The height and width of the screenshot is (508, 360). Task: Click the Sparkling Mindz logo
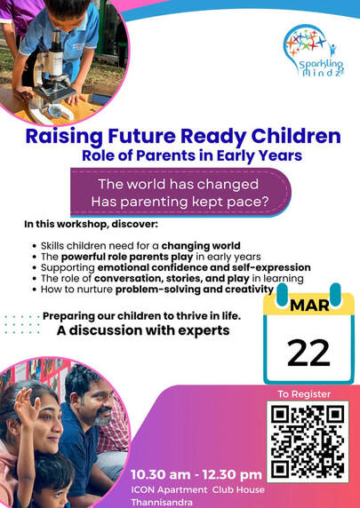pos(314,52)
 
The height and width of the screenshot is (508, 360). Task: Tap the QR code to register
pos(308,442)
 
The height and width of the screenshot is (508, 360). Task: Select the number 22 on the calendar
pos(308,353)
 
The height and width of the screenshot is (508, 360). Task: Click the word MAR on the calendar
pos(309,305)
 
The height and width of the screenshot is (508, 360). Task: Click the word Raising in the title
pos(64,137)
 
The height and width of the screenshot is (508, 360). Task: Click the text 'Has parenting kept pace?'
pos(180,202)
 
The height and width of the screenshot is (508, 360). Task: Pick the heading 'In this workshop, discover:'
pos(92,224)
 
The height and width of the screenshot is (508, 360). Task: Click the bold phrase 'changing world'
pos(201,246)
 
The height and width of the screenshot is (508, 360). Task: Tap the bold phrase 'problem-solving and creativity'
pos(195,289)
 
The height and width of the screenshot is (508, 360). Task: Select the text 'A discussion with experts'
pos(143,330)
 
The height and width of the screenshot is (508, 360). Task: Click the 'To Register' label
pos(304,394)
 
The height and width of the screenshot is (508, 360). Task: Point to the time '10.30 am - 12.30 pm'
pos(196,474)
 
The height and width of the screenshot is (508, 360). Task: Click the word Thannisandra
pos(162,503)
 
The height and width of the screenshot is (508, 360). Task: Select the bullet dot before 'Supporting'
pos(35,268)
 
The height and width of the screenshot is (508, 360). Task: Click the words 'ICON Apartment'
pos(169,489)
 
